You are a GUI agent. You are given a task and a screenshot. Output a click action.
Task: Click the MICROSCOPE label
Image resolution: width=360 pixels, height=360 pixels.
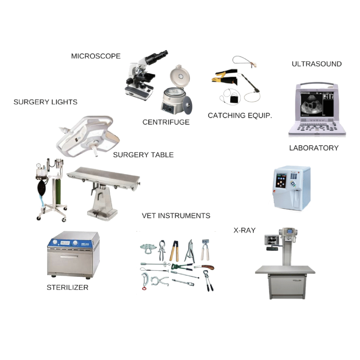[96, 56]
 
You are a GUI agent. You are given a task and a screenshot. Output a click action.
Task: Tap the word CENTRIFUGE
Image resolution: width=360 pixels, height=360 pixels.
[166, 122]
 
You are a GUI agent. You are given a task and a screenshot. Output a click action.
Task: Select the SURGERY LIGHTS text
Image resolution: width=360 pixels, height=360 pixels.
[46, 102]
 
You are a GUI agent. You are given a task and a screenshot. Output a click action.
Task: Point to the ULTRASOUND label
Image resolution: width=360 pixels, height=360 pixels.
[316, 64]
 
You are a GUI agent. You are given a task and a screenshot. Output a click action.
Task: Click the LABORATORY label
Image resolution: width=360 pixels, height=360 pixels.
[314, 148]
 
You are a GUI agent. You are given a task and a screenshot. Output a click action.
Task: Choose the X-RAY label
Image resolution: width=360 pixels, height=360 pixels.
[244, 230]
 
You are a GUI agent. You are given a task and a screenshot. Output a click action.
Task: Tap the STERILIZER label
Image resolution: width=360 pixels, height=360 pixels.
[68, 288]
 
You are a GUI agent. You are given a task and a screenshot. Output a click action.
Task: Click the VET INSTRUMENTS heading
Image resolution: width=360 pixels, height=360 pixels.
[176, 216]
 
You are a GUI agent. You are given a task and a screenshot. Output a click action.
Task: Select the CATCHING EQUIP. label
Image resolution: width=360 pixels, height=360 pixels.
[240, 115]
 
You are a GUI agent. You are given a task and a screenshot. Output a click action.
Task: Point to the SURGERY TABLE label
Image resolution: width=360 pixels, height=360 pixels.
[143, 155]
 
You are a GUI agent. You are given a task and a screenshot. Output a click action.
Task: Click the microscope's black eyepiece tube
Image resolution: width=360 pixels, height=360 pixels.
[156, 57]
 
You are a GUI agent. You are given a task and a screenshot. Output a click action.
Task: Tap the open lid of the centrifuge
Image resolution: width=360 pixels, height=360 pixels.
[180, 76]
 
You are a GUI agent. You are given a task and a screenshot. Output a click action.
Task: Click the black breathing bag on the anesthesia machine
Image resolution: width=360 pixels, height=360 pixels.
[42, 187]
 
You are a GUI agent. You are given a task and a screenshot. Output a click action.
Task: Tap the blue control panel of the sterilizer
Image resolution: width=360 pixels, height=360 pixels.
[70, 243]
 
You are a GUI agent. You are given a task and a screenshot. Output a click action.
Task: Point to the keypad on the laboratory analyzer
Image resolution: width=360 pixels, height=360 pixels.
[294, 176]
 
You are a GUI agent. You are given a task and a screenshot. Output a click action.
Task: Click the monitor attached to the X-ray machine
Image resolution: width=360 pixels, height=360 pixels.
[272, 240]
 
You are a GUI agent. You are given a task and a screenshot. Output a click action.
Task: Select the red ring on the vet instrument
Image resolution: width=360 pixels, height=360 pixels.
[144, 288]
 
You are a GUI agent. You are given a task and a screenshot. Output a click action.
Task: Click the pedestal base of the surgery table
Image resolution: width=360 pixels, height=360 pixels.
[103, 214]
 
